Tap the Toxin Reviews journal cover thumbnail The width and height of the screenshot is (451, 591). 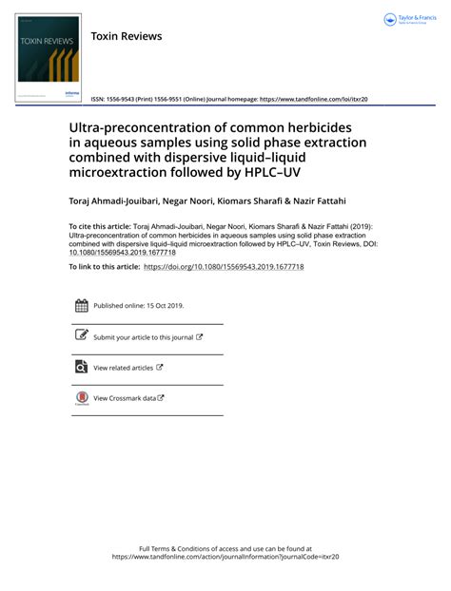tap(49, 54)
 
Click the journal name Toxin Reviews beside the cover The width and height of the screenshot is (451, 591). tap(127, 36)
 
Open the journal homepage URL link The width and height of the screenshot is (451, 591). tap(313, 99)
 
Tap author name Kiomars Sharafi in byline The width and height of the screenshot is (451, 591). tap(273, 202)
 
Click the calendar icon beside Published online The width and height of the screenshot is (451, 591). tap(82, 306)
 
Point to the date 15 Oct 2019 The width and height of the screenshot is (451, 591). tap(165, 306)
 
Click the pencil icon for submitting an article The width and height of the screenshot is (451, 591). tap(82, 336)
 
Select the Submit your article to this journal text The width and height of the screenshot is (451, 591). tap(143, 337)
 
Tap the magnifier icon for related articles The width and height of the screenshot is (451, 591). tap(82, 367)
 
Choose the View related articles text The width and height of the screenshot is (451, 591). tap(123, 368)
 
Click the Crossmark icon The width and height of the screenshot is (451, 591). tap(82, 398)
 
